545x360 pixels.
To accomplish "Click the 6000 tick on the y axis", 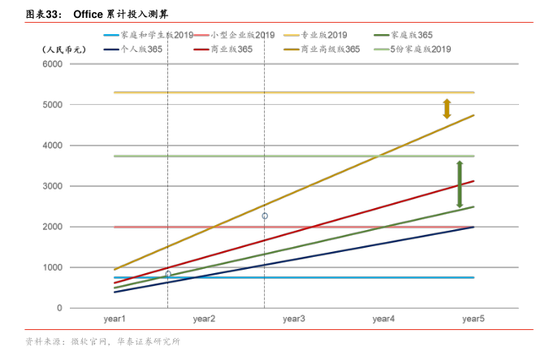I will click(x=53, y=64).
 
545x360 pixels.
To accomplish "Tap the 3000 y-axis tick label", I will click(x=53, y=186).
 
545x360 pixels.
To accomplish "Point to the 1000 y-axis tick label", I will click(x=53, y=267).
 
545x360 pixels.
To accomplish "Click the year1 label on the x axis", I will click(x=113, y=319).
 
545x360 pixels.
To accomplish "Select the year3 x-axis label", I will click(x=293, y=319).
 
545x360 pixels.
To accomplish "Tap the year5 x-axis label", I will click(x=474, y=319).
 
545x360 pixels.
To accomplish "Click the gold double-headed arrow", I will click(x=447, y=109).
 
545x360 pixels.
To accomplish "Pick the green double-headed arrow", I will click(x=459, y=184).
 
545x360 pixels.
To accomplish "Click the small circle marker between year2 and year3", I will click(x=265, y=216).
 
